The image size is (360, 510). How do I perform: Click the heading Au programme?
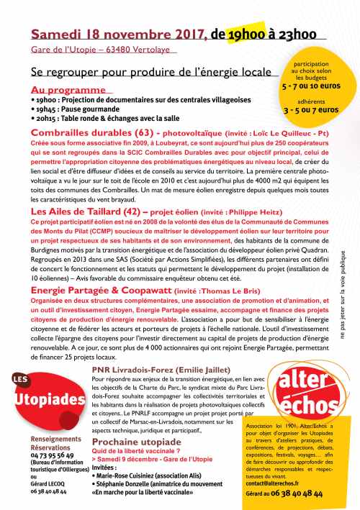[x=60, y=86]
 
